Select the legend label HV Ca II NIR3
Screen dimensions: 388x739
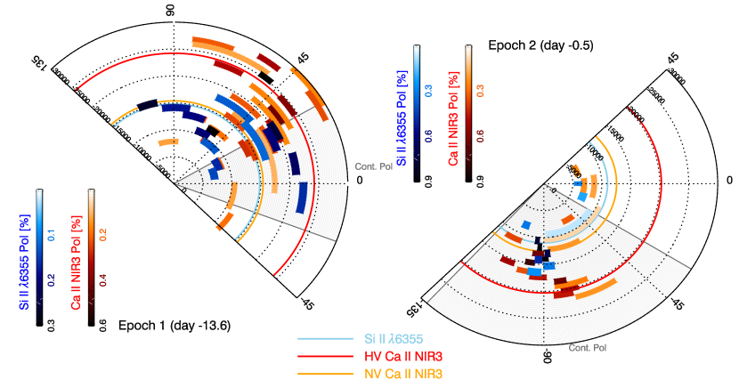pyautogui.click(x=402, y=356)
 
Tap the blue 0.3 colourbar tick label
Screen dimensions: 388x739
pyautogui.click(x=428, y=90)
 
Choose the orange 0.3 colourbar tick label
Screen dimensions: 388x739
pyautogui.click(x=480, y=90)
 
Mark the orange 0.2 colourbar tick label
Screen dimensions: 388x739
pyautogui.click(x=104, y=235)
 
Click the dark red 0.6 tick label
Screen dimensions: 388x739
pyautogui.click(x=480, y=135)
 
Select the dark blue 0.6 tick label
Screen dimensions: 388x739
pyautogui.click(x=428, y=135)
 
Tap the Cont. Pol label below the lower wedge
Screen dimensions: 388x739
pyautogui.click(x=588, y=347)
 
